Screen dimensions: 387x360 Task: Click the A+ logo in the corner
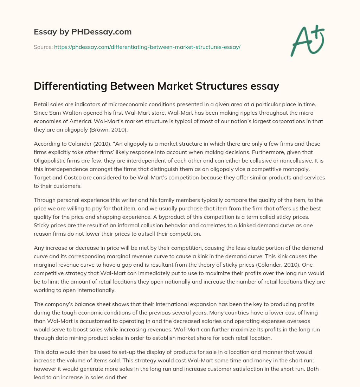(307, 41)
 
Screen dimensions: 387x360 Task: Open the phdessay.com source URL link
(147, 47)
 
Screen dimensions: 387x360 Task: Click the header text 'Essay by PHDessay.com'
(83, 32)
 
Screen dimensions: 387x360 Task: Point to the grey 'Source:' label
(43, 47)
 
